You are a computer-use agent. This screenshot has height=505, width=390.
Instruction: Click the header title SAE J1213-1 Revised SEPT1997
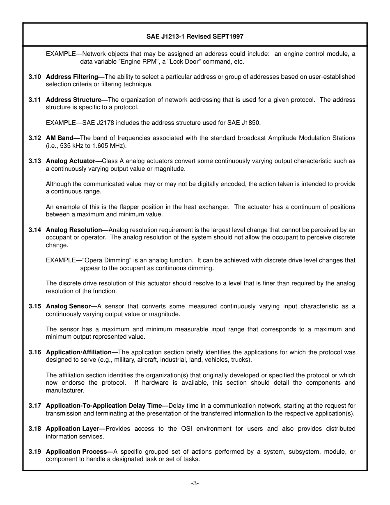pos(195,37)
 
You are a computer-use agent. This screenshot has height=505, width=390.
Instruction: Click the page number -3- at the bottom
pos(195,483)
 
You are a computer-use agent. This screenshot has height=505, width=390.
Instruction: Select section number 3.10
pos(35,77)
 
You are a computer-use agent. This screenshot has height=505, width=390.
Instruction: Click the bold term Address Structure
pos(75,100)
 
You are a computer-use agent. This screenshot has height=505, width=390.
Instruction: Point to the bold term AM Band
pos(61,138)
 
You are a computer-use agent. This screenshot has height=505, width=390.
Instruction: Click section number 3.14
pos(35,230)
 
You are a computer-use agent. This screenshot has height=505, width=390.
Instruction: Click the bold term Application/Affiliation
pos(80,352)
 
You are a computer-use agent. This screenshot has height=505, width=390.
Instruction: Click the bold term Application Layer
pos(74,429)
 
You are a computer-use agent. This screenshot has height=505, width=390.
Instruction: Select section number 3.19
pos(35,452)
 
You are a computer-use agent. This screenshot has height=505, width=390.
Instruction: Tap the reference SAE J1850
pos(245,123)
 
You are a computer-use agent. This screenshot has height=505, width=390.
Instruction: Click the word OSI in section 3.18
pos(187,429)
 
